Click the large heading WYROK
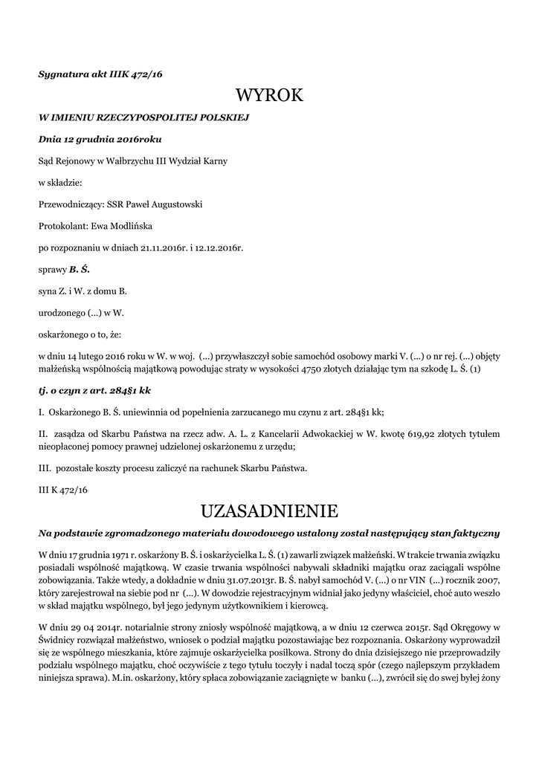pos(269,95)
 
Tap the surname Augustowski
pos(177,204)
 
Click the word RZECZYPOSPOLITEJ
pos(126,117)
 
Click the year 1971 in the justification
pos(106,555)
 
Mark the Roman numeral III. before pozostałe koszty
pos(45,467)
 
